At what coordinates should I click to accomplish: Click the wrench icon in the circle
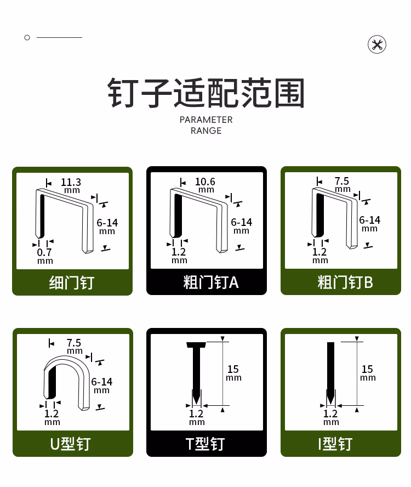click(377, 44)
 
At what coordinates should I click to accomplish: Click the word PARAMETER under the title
click(206, 120)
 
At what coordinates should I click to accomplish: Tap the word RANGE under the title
click(206, 131)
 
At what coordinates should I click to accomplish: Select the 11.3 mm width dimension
click(71, 185)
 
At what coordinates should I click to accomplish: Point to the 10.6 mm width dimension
click(205, 185)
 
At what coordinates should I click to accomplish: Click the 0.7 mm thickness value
click(45, 256)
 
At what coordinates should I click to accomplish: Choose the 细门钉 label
click(72, 282)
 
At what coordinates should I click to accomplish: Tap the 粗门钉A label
click(211, 282)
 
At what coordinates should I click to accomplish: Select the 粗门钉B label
click(345, 282)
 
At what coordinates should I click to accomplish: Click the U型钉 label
click(71, 444)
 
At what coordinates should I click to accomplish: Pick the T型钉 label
click(205, 444)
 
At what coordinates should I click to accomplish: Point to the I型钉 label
click(335, 444)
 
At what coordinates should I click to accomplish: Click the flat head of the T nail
click(196, 345)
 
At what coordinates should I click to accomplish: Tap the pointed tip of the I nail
click(330, 404)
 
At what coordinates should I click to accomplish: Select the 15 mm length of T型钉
click(233, 373)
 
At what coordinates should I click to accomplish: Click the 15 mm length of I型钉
click(368, 373)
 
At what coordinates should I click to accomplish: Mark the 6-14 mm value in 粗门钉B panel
click(369, 224)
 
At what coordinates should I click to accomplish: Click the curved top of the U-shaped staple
click(66, 358)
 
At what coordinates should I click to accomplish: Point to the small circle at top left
click(27, 38)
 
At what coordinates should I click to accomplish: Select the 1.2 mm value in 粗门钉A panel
click(179, 256)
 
